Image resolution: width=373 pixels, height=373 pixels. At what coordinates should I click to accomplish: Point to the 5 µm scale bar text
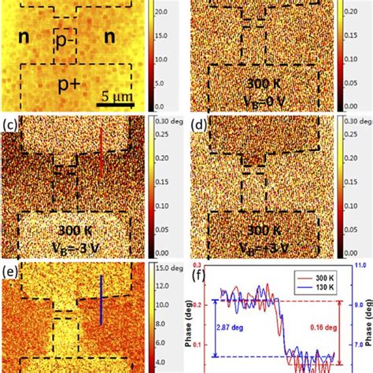pyautogui.click(x=120, y=97)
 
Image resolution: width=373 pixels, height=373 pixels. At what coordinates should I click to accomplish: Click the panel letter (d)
pyautogui.click(x=197, y=123)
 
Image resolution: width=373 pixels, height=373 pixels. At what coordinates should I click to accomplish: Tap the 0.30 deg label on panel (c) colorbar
pyautogui.click(x=162, y=122)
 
